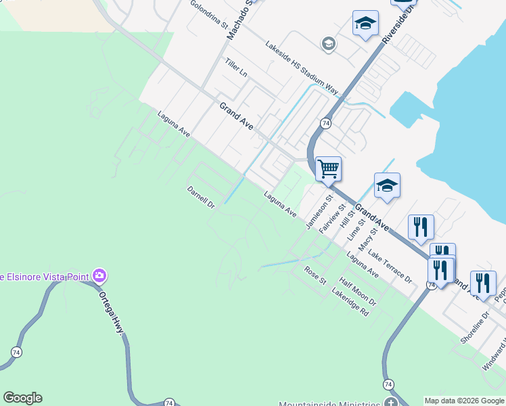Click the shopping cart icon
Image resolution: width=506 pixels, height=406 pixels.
[x=328, y=168]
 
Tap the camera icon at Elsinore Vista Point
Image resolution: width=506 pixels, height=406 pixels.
[x=100, y=275]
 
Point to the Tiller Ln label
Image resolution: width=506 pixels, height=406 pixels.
[x=236, y=70]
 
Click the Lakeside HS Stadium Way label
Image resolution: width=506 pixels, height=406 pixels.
[x=301, y=68]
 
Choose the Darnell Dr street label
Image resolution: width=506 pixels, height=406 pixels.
[x=200, y=198]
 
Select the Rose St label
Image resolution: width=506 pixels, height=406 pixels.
[x=315, y=275]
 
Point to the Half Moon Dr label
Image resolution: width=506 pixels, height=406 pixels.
[x=357, y=292]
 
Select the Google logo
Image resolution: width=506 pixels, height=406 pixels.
[x=22, y=398]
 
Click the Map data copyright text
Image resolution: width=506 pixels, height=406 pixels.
[x=463, y=401]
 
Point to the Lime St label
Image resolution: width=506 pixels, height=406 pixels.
[x=356, y=229]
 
